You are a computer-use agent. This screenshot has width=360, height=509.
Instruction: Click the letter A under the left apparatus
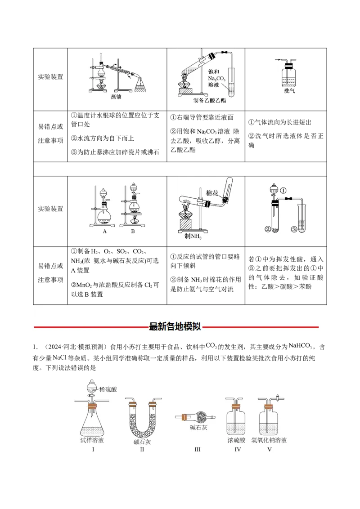[104, 232]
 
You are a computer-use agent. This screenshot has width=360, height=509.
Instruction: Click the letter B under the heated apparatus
[133, 232]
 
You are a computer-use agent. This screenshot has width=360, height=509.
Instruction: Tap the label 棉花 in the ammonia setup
[212, 193]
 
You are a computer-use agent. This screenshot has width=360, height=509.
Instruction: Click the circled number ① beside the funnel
[283, 190]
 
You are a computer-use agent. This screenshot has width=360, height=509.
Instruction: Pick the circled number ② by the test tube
[268, 229]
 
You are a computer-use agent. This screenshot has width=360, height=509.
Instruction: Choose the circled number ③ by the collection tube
[294, 229]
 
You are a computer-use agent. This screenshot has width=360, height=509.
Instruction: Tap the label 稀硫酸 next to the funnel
[108, 389]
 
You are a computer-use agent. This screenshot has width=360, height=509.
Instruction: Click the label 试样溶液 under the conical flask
[92, 440]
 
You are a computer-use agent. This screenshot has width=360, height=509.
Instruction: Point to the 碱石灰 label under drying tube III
[198, 428]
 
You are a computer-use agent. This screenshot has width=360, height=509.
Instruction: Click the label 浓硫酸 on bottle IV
[234, 440]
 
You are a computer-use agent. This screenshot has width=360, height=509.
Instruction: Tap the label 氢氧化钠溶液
[269, 440]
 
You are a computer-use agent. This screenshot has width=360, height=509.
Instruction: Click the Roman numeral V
[269, 449]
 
